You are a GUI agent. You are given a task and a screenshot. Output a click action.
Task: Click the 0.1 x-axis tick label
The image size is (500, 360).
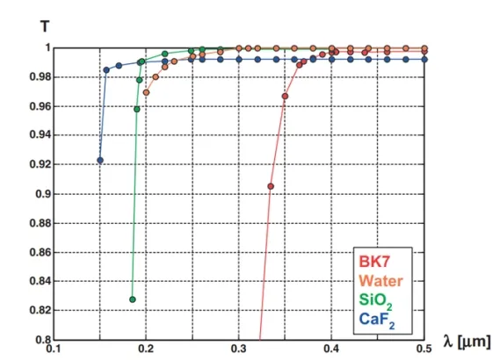click(x=54, y=349)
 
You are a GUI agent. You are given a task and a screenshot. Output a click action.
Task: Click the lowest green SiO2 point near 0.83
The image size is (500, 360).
click(x=133, y=299)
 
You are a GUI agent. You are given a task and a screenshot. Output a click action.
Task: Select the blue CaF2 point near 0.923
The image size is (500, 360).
click(x=100, y=161)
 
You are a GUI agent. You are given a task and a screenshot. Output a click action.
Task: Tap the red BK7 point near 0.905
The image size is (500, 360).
click(x=271, y=186)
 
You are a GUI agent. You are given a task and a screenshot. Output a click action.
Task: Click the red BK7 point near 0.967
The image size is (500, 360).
click(x=285, y=96)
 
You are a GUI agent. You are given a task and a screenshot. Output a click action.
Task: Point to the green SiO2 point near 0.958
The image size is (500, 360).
click(x=136, y=110)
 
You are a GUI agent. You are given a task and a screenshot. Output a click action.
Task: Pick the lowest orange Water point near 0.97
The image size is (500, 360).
click(x=147, y=92)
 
